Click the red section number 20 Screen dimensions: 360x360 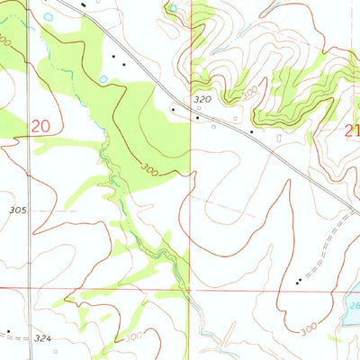point(40,127)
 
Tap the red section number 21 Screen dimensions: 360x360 point(352,130)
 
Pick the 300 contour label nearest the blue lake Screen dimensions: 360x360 point(308,330)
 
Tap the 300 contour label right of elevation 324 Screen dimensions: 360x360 point(133,337)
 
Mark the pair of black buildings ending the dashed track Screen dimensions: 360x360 point(298,282)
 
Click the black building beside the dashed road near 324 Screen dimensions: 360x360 point(8,330)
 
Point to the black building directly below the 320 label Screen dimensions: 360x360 point(198,117)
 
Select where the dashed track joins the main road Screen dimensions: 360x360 point(350,212)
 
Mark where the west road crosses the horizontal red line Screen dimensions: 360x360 point(29,289)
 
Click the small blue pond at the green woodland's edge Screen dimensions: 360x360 point(103,79)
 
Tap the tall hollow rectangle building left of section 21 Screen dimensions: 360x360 point(279,139)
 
